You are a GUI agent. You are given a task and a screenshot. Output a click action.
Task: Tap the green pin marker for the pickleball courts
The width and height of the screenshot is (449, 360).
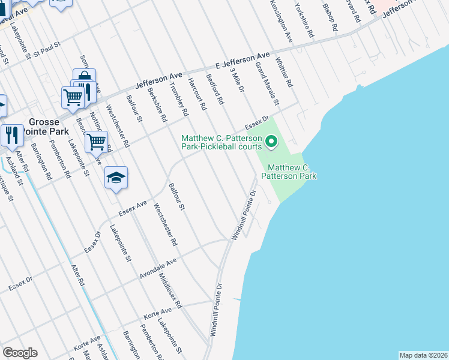271,142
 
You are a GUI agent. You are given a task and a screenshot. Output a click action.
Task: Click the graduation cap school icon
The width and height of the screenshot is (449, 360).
116,178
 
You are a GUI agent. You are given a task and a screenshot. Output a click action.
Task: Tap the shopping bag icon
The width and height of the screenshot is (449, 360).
85,79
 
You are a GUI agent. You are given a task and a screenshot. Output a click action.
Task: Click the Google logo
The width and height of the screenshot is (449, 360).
20,353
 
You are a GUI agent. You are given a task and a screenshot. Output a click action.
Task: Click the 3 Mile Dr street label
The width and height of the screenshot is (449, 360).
237,80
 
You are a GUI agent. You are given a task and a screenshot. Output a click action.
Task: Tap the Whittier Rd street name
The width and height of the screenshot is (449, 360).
283,73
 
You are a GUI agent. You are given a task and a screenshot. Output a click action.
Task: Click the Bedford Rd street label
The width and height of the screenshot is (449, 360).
214,89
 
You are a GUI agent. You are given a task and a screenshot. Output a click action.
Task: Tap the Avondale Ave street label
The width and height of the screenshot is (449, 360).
158,264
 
